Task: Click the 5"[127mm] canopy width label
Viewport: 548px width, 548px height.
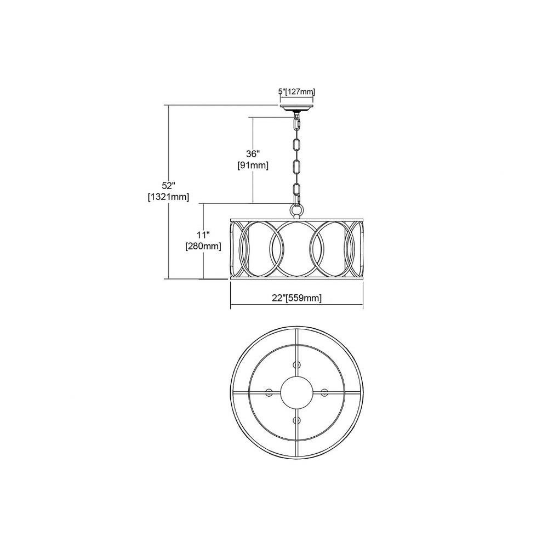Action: [x=296, y=92]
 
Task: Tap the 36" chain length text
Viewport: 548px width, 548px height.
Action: [x=253, y=154]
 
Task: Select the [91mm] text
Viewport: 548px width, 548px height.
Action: [x=253, y=165]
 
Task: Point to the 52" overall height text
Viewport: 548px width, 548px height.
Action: [x=168, y=185]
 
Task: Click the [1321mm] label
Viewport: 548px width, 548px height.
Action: [x=168, y=197]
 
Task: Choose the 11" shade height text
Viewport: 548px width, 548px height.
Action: [x=203, y=235]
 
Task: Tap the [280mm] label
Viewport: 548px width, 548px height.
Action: [x=203, y=247]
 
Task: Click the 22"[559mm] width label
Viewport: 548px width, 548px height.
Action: [x=296, y=298]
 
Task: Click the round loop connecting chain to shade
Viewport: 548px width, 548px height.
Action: [x=296, y=210]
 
